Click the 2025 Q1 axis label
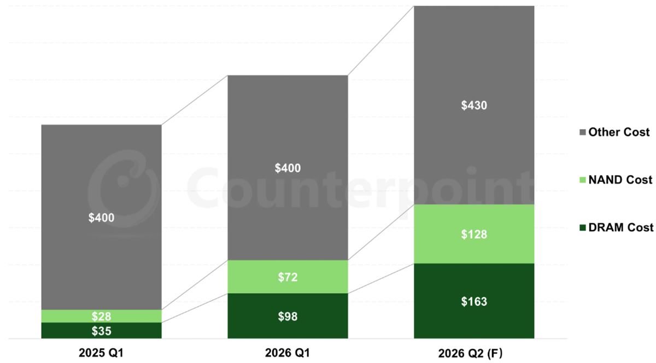pyautogui.click(x=101, y=353)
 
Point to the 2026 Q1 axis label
pyautogui.click(x=288, y=353)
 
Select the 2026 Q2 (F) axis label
pyautogui.click(x=474, y=353)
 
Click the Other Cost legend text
pyautogui.click(x=619, y=132)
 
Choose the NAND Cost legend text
pyautogui.click(x=620, y=180)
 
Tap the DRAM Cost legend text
pyautogui.click(x=620, y=227)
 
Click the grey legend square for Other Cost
pyautogui.click(x=583, y=133)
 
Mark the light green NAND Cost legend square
pyautogui.click(x=583, y=180)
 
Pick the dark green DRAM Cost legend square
pyautogui.click(x=583, y=228)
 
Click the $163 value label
pyautogui.click(x=474, y=301)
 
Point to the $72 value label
pyautogui.click(x=288, y=277)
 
